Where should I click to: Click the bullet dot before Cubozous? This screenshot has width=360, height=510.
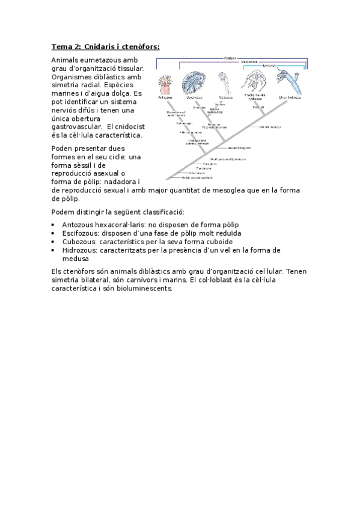[x=55, y=242]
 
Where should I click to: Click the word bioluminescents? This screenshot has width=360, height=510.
[x=141, y=288]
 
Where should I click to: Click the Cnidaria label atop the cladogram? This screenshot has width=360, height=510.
[x=230, y=58]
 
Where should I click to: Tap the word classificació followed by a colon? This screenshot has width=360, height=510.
[x=162, y=212]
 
